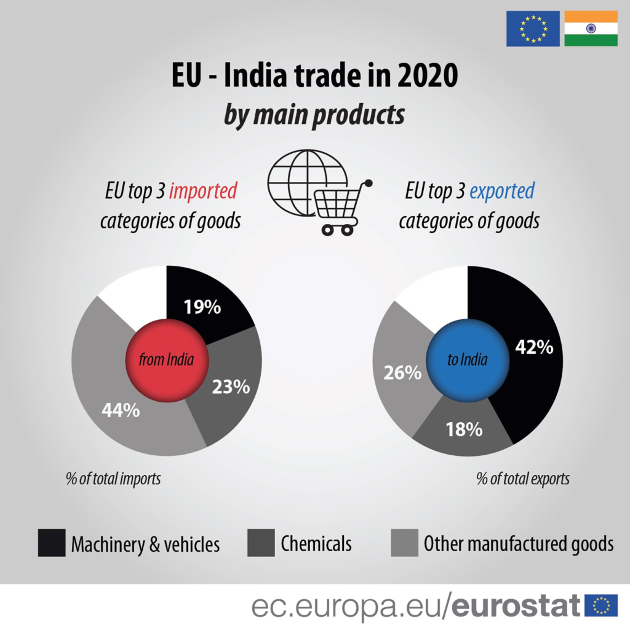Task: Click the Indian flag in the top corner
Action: (x=591, y=28)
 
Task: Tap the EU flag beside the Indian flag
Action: (x=533, y=28)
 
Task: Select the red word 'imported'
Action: (x=202, y=191)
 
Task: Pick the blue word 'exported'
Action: (x=501, y=191)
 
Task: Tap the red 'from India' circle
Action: (x=166, y=360)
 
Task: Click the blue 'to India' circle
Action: (x=467, y=360)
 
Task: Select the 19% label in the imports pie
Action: (x=202, y=307)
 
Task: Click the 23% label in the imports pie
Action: (x=231, y=386)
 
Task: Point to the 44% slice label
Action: (x=121, y=410)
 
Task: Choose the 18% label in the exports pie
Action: (x=464, y=429)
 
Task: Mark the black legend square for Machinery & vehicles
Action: (x=51, y=543)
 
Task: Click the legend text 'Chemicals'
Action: (x=316, y=543)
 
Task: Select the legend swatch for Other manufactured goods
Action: (x=404, y=543)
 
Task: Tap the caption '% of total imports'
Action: (x=113, y=478)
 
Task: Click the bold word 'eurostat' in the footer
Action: (x=516, y=605)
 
